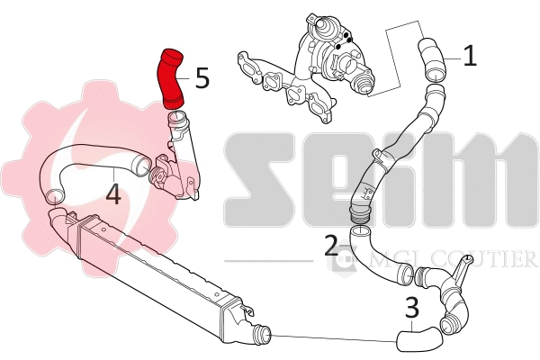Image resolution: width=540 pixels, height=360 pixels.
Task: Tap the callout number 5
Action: click(x=202, y=78)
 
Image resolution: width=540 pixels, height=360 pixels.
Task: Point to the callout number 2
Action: click(x=331, y=244)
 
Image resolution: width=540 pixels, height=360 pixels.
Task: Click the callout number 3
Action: click(x=412, y=309)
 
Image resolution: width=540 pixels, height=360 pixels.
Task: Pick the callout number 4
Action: click(x=112, y=193)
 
